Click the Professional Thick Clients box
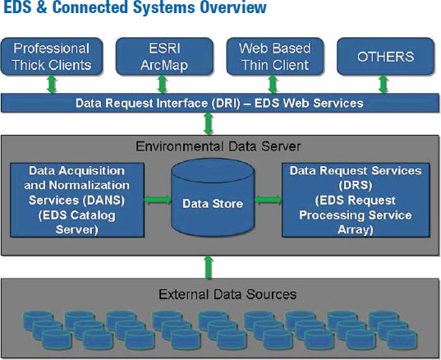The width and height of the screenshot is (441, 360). coord(52,57)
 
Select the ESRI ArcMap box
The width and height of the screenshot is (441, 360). coord(164,57)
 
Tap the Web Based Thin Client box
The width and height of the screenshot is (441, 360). coord(275,57)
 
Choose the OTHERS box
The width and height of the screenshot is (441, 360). coord(386,57)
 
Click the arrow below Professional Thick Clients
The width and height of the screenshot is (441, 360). coord(52,85)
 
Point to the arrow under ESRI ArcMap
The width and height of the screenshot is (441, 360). coord(163,85)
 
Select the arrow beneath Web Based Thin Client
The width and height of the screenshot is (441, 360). coord(273,85)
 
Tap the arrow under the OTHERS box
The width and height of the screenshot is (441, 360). coord(384,85)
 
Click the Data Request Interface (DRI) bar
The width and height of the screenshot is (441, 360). coord(220,103)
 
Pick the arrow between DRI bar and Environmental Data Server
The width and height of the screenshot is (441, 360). coord(208,124)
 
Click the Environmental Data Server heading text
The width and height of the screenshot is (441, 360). coord(218,146)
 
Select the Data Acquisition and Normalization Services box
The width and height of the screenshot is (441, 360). coord(77,200)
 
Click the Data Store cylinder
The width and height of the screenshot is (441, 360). coord(213,197)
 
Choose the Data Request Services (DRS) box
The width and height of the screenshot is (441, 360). coord(356,200)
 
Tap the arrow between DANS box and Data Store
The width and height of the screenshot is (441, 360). coord(158,200)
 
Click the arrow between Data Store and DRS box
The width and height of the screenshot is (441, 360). coord(269,200)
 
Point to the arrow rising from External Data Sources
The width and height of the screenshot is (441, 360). coord(208,267)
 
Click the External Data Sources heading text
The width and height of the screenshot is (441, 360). coord(227,294)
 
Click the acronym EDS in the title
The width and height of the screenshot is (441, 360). coord(18,7)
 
